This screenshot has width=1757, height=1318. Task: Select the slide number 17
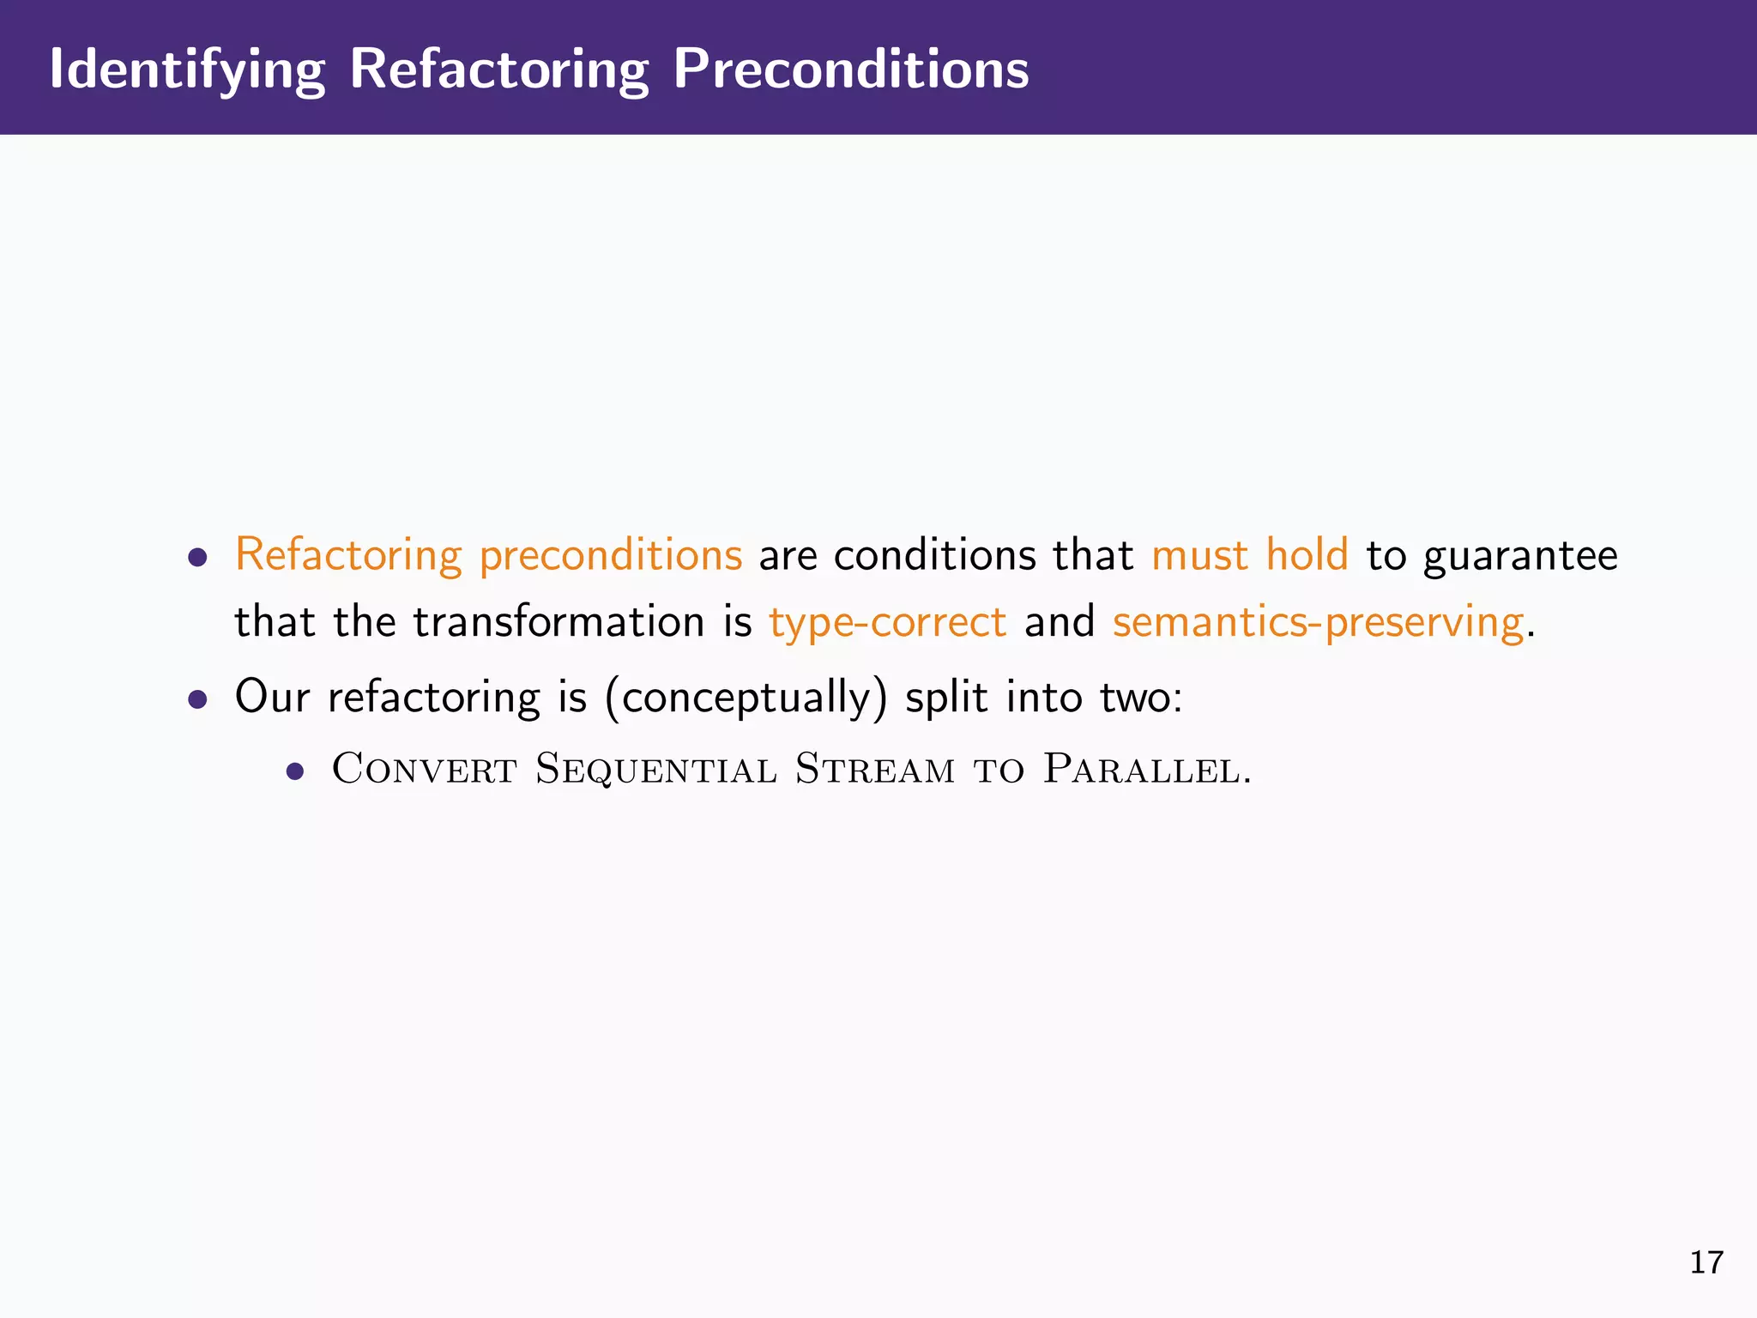[1706, 1262]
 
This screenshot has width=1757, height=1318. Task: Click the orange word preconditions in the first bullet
[610, 555]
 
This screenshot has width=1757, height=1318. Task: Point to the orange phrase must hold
[1249, 555]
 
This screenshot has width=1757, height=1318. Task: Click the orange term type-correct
[887, 622]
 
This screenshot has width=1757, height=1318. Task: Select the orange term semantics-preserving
[1318, 622]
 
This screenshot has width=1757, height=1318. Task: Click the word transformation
[558, 622]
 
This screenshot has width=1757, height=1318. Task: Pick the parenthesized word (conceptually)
[746, 697]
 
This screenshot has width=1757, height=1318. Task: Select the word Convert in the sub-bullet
[424, 768]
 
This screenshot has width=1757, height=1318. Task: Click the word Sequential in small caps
[656, 768]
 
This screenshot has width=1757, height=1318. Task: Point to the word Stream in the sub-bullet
[874, 768]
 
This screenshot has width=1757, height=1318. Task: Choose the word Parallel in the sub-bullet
[1145, 768]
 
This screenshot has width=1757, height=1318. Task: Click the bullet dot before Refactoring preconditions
[198, 559]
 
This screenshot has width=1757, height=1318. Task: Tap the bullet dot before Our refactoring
[198, 699]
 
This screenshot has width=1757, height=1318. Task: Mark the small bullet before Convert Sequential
[296, 771]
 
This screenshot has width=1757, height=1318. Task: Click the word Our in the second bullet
[272, 697]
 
